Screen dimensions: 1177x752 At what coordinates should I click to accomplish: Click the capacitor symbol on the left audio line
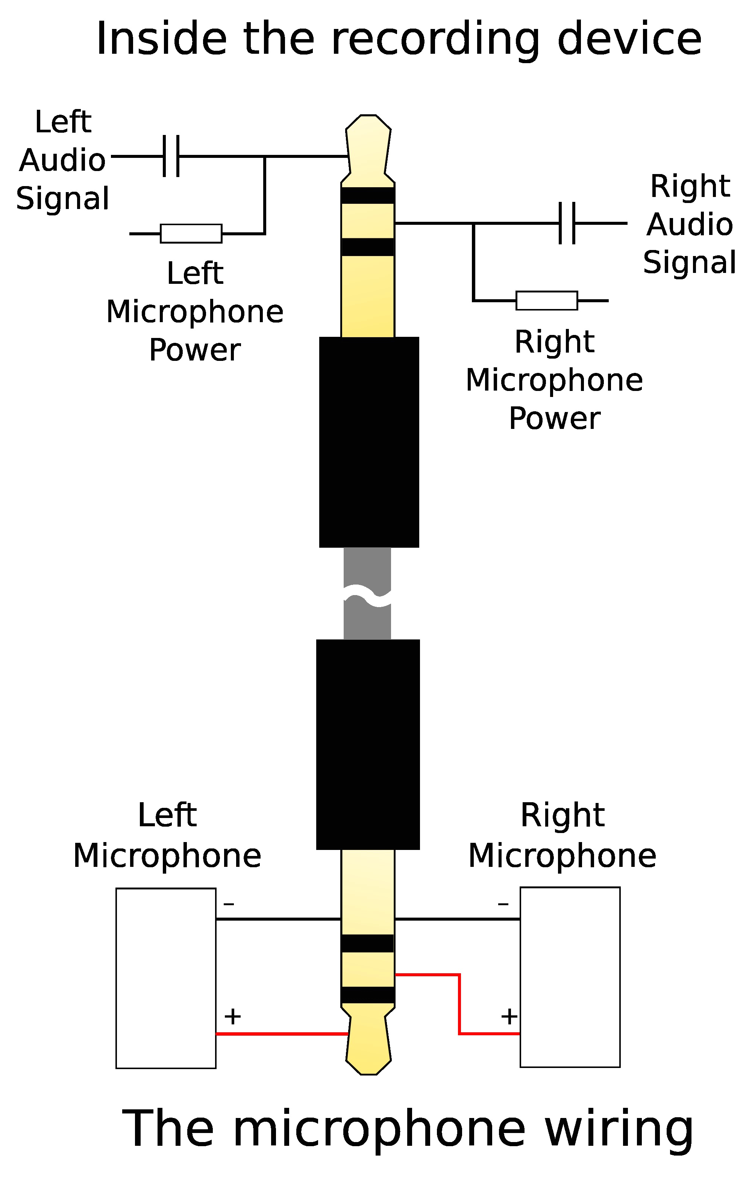tap(171, 156)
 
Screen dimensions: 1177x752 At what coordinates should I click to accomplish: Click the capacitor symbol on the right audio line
tap(567, 223)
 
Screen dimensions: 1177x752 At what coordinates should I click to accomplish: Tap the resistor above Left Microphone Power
tap(191, 234)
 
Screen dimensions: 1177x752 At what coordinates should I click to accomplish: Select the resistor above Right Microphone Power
tap(547, 301)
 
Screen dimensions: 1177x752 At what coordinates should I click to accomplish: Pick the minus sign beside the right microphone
tap(503, 903)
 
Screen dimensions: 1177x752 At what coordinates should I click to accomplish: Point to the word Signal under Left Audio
tap(62, 198)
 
